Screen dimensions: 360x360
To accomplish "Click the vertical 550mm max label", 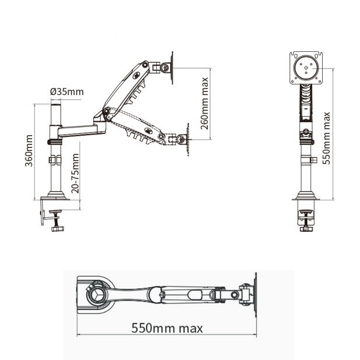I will (x=327, y=138).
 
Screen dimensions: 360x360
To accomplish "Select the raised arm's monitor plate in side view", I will (x=172, y=67).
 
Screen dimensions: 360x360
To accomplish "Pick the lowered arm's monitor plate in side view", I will (x=188, y=139).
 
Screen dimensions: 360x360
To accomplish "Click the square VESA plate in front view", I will (x=306, y=68).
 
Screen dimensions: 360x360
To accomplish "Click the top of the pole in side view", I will (x=57, y=103).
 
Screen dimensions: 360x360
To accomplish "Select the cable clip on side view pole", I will (x=55, y=159).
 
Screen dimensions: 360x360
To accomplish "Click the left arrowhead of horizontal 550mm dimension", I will (x=79, y=335).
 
